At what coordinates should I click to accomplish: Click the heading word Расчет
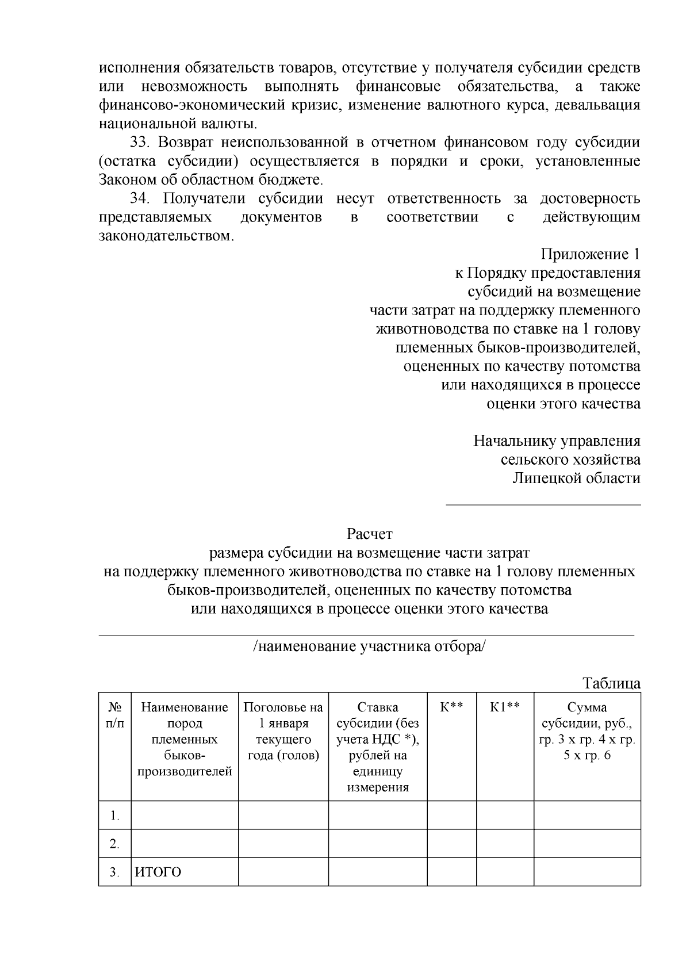[369, 534]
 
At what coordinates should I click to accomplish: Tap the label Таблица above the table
[611, 683]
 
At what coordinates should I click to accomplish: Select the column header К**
[451, 707]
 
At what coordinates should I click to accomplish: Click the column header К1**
[505, 707]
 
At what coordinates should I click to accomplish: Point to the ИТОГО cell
[158, 872]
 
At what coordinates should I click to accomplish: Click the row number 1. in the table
[115, 816]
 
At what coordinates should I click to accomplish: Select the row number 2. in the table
[115, 844]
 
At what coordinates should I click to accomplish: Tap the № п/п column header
[115, 715]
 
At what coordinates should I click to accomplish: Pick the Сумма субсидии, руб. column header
[587, 731]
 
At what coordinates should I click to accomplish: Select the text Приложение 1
[590, 254]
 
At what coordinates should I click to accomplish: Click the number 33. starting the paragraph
[140, 142]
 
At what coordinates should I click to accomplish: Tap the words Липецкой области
[576, 479]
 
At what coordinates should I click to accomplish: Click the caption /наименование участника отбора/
[369, 646]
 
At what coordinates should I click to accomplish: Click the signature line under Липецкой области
[543, 505]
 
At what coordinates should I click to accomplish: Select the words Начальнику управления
[557, 441]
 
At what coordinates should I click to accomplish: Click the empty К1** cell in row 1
[505, 815]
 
